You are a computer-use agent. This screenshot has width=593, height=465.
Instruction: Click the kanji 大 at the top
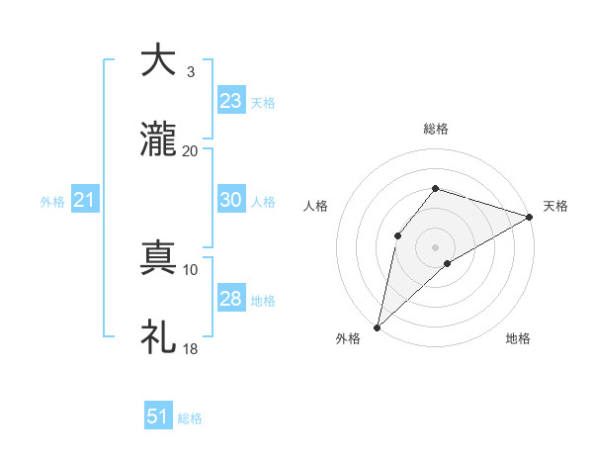pyautogui.click(x=159, y=60)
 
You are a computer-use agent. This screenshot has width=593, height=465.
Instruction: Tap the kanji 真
pyautogui.click(x=159, y=258)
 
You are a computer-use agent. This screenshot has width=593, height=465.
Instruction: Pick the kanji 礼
pyautogui.click(x=159, y=337)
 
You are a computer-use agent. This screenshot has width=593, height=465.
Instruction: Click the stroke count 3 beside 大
pyautogui.click(x=190, y=71)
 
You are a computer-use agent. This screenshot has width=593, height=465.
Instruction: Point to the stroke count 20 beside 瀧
pyautogui.click(x=190, y=150)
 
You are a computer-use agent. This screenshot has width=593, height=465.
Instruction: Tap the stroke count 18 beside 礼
pyautogui.click(x=190, y=348)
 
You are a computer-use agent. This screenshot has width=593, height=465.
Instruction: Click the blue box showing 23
pyautogui.click(x=231, y=101)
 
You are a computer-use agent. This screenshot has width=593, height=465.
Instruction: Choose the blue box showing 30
pyautogui.click(x=231, y=200)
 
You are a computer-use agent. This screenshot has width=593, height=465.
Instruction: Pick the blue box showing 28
pyautogui.click(x=231, y=299)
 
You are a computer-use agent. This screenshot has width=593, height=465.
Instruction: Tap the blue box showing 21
pyautogui.click(x=85, y=201)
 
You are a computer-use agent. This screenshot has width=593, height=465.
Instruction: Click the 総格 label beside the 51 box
pyautogui.click(x=190, y=418)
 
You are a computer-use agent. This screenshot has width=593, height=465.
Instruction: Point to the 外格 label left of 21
pyautogui.click(x=52, y=202)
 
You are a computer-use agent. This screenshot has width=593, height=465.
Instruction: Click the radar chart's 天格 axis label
pyautogui.click(x=555, y=206)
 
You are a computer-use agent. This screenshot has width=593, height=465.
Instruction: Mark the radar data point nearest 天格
pyautogui.click(x=529, y=217)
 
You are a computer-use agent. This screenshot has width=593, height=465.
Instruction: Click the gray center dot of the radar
pyautogui.click(x=435, y=246)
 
